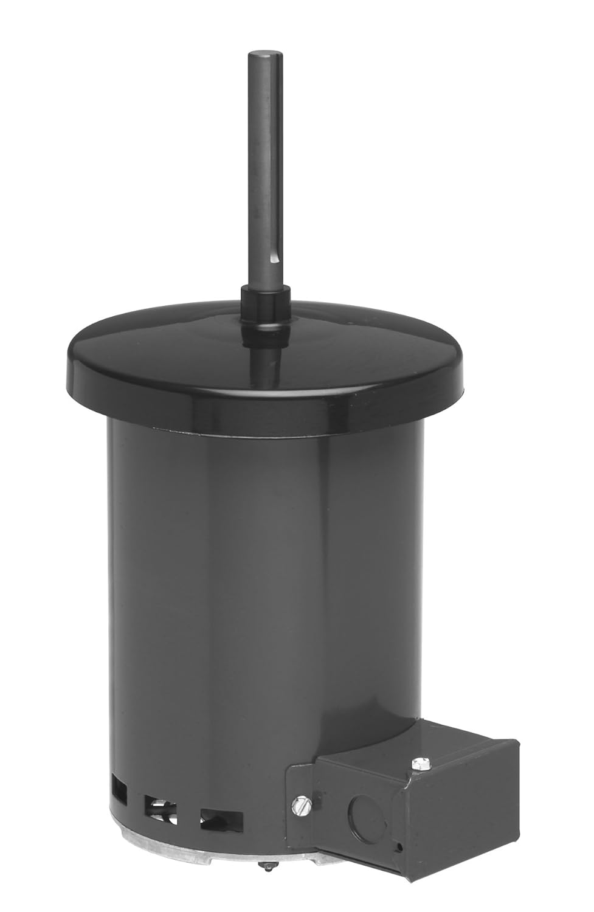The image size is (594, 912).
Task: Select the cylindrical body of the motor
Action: pyautogui.click(x=243, y=578)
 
